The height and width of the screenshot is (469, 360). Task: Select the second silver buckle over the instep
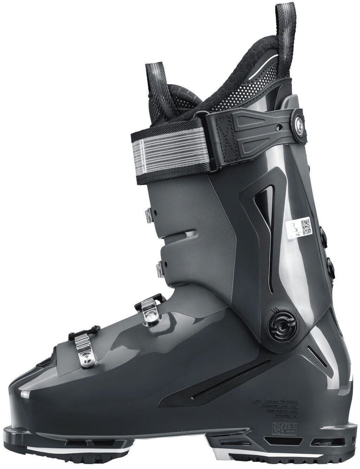151,309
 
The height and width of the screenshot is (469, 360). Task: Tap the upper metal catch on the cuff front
150,215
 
